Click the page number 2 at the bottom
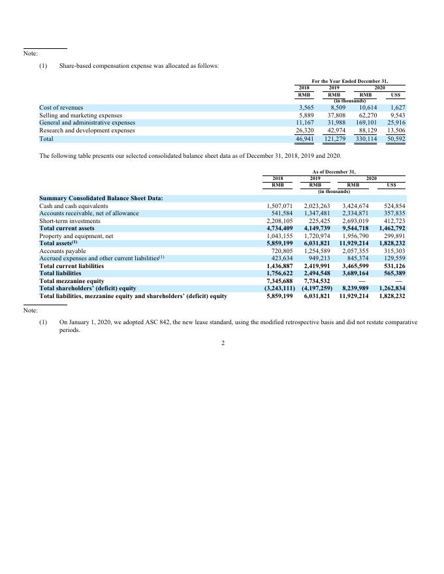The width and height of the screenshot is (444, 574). tap(222, 344)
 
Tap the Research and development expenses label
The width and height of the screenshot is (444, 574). tap(87, 130)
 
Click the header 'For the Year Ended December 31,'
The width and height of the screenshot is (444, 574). tap(349, 80)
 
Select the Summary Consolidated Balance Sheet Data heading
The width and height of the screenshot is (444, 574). tap(101, 198)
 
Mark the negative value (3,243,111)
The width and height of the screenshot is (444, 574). tap(279, 288)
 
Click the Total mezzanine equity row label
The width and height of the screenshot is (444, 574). tap(72, 280)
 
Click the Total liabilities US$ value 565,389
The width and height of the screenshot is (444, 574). tap(392, 273)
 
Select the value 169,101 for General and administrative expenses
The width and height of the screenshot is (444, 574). tap(364, 123)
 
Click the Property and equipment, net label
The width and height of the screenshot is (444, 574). tap(76, 236)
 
